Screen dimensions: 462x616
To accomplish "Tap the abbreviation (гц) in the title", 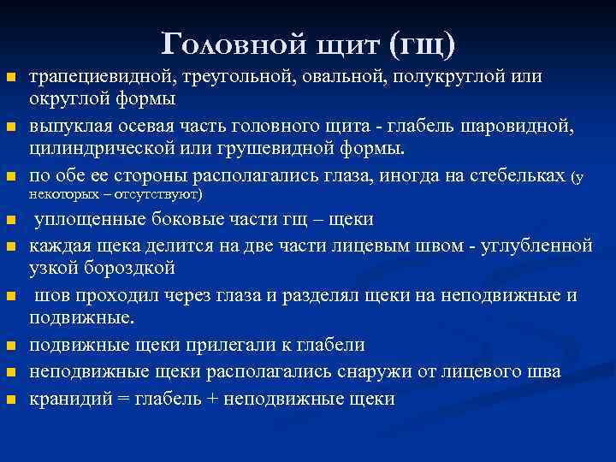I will (x=422, y=40).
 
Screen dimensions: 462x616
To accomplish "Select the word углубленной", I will (x=527, y=246).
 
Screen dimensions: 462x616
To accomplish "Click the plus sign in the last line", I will (x=216, y=399).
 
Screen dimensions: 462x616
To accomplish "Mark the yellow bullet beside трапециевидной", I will (x=10, y=78).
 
